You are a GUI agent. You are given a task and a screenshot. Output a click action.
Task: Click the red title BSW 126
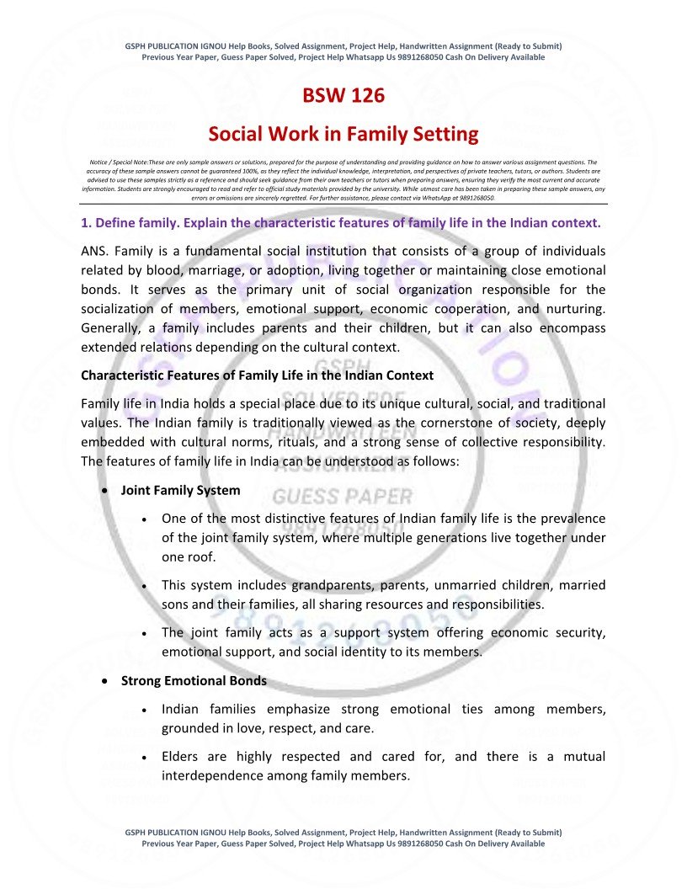(x=343, y=96)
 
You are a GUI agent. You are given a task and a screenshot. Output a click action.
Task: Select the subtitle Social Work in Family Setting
(x=343, y=134)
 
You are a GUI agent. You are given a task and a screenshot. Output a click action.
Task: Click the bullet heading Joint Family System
(x=180, y=490)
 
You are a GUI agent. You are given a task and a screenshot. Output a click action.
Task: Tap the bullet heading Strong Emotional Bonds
(x=194, y=680)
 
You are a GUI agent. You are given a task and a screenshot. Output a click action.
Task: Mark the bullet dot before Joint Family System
(x=104, y=491)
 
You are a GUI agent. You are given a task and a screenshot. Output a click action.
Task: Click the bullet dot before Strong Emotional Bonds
(x=104, y=681)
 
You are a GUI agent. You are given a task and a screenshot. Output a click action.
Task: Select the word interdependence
(x=212, y=775)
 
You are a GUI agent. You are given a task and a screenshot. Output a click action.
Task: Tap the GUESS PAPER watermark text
(x=343, y=497)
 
